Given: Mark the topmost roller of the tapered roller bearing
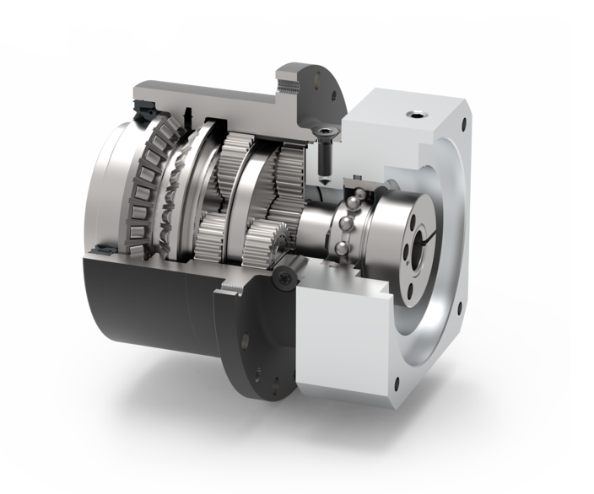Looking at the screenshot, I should [x=165, y=126].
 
